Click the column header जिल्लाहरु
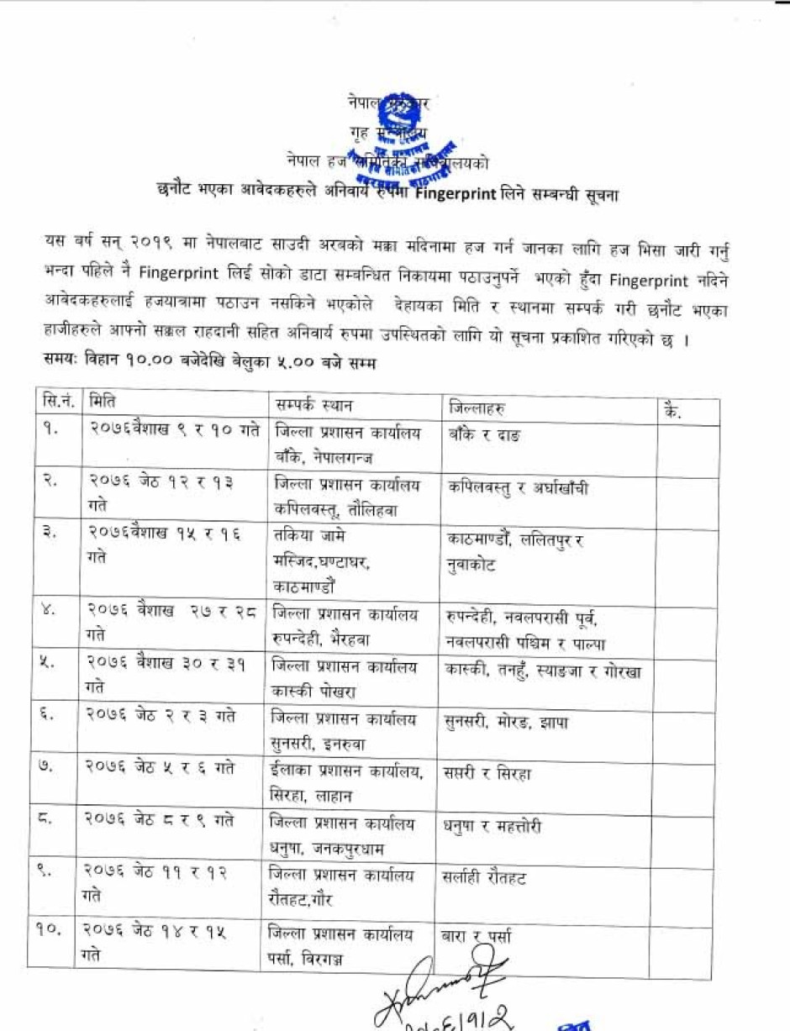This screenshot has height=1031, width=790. click(479, 408)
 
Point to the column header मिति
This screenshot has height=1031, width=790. click(103, 402)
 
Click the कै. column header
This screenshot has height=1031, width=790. click(671, 412)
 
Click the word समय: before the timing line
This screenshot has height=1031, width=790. click(61, 362)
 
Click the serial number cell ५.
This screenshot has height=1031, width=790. click(52, 664)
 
